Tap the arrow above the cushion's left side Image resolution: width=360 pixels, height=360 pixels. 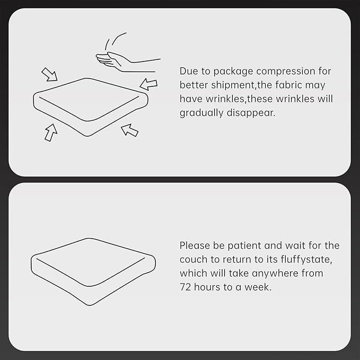(50, 74)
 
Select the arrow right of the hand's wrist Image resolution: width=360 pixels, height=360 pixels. (148, 84)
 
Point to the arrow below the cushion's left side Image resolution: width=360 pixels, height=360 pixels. (51, 133)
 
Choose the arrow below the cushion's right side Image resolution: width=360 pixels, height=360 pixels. (129, 130)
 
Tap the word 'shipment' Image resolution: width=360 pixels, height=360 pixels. (232, 85)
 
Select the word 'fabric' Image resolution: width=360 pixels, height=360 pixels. (288, 85)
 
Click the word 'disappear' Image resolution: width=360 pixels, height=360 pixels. (250, 113)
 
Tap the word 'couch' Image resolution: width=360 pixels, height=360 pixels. (194, 259)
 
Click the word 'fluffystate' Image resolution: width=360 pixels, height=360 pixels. (306, 259)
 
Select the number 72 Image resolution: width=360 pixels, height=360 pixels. (185, 287)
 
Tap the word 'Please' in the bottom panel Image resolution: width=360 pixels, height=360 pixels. (195, 245)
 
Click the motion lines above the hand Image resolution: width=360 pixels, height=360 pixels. (116, 41)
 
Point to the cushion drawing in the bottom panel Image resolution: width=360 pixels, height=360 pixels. (93, 271)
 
